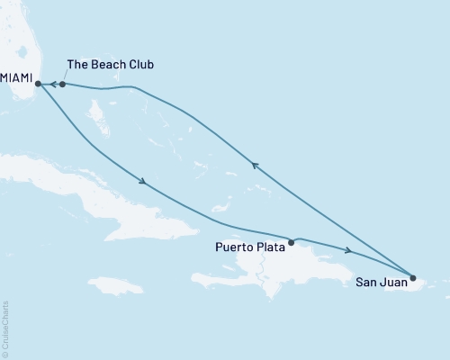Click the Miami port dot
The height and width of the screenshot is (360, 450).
(x=38, y=85)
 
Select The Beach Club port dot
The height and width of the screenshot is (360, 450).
(x=62, y=85)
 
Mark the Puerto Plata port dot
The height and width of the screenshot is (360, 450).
(x=291, y=242)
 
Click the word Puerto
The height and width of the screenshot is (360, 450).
(x=235, y=245)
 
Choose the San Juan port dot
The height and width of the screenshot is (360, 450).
(x=413, y=277)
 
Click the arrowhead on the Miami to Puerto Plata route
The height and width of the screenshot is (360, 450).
(x=143, y=182)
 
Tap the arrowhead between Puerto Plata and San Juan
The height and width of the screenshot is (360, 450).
(x=347, y=249)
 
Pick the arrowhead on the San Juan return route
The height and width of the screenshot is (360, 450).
(x=255, y=165)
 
